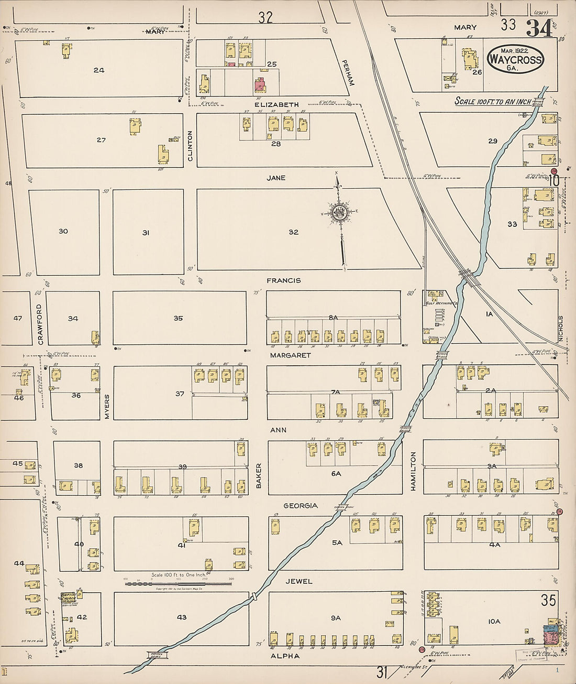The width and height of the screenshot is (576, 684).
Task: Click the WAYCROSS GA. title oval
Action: [515, 59]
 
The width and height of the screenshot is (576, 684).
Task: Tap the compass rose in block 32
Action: [339, 212]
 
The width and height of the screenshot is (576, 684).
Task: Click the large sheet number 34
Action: [539, 28]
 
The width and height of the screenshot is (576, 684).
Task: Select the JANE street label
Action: [276, 178]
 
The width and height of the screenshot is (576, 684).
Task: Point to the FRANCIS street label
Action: [283, 280]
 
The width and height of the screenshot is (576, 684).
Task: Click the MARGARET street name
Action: [290, 355]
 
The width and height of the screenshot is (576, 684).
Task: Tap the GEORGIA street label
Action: [301, 505]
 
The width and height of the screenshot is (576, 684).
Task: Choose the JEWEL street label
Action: [299, 581]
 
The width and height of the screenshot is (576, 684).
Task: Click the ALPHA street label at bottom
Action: [285, 656]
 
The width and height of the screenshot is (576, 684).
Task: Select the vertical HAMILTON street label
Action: [413, 471]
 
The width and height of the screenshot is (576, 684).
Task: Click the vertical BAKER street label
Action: [258, 475]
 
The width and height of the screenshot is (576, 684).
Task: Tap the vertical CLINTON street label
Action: [190, 146]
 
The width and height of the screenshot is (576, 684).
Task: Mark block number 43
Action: [181, 617]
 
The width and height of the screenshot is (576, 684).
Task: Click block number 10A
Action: [494, 621]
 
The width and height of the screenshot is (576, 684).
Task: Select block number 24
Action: [99, 70]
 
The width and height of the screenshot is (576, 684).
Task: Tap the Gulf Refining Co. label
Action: [441, 303]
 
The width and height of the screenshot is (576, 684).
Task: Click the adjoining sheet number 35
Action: [548, 600]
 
